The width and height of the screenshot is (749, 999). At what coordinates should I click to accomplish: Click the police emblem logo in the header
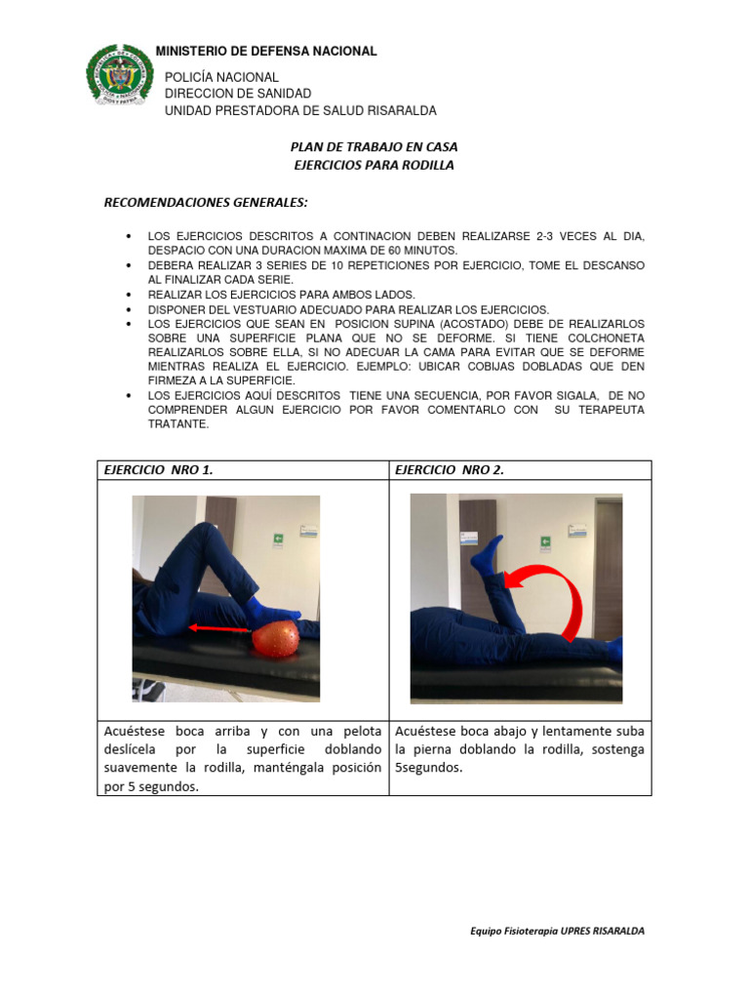click(x=120, y=76)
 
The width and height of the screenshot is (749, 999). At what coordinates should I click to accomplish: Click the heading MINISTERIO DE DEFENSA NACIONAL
click(x=266, y=51)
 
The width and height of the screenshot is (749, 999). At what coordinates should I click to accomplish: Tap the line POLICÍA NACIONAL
click(x=221, y=77)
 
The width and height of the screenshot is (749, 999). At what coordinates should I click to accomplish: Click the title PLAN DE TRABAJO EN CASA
click(x=374, y=146)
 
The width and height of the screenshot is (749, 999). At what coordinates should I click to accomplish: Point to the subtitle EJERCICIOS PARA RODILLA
click(x=374, y=165)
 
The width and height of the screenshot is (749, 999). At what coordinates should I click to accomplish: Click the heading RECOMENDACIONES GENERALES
click(x=206, y=203)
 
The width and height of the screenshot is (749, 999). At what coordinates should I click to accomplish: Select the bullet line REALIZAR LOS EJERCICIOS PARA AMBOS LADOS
click(x=281, y=294)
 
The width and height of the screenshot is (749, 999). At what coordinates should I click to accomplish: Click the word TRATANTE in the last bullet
click(x=177, y=424)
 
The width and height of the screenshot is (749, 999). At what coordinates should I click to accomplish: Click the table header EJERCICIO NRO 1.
click(x=158, y=470)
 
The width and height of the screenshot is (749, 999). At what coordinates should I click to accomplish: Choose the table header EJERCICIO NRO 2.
click(x=450, y=470)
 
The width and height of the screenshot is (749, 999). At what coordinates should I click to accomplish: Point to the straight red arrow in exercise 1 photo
click(x=220, y=629)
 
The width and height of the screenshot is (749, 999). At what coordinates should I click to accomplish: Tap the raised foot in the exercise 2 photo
click(x=488, y=554)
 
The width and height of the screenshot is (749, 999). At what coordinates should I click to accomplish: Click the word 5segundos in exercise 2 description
click(x=429, y=768)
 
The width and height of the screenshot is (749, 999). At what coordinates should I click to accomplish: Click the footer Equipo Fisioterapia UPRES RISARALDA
click(x=557, y=931)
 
